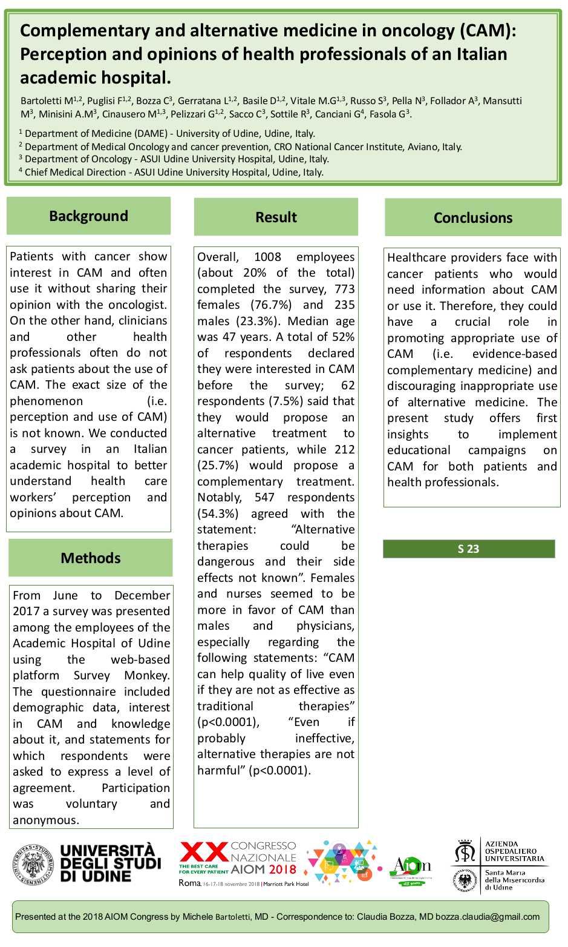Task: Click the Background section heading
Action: click(x=88, y=216)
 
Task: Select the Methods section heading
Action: click(x=91, y=558)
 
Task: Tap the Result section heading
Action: click(x=276, y=217)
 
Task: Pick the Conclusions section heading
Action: click(x=473, y=218)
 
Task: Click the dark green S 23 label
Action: click(x=468, y=549)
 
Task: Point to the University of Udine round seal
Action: click(x=33, y=865)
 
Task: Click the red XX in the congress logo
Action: click(x=203, y=853)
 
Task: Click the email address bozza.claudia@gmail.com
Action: click(x=488, y=917)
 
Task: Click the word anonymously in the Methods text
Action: click(x=46, y=820)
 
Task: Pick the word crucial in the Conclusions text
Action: click(x=472, y=322)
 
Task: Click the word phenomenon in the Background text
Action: click(x=46, y=401)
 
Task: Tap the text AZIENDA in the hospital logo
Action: click(x=501, y=843)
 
